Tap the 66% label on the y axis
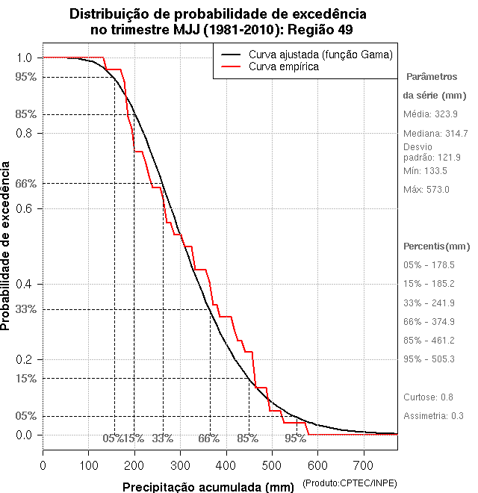pos(25,183)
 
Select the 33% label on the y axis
pos(25,309)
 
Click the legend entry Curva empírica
pos(283,66)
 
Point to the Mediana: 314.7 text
pos(436,133)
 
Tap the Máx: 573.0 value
pos(426,190)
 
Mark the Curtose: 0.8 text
pos(429,397)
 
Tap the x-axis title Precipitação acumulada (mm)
pos(209,486)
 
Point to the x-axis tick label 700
pos(363,465)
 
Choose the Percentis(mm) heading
pos(437,246)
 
